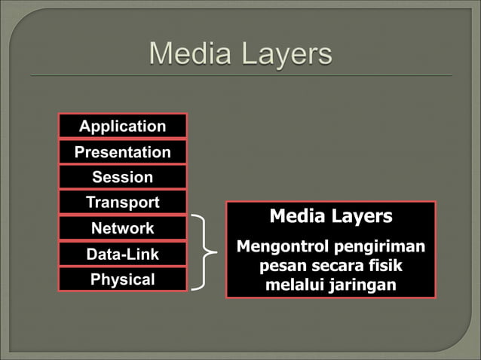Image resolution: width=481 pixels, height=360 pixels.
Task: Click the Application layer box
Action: pyautogui.click(x=122, y=126)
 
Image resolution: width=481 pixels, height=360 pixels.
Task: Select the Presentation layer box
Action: pyautogui.click(x=122, y=152)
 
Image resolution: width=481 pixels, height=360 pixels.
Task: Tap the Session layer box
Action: pyautogui.click(x=122, y=178)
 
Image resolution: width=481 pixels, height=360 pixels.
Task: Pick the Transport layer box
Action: pyautogui.click(x=122, y=203)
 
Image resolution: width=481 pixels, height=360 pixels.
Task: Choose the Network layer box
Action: pyautogui.click(x=122, y=228)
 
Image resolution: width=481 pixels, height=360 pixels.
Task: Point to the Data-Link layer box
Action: pyautogui.click(x=122, y=254)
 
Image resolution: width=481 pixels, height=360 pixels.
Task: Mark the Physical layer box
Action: pyautogui.click(x=122, y=279)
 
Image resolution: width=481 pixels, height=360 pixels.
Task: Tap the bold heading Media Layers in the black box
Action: pyautogui.click(x=331, y=217)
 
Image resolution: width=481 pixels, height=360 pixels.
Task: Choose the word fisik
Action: pyautogui.click(x=384, y=267)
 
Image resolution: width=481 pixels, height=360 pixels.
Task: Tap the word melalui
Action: pyautogui.click(x=293, y=286)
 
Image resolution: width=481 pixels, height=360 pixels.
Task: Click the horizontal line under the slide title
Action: pyautogui.click(x=240, y=75)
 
